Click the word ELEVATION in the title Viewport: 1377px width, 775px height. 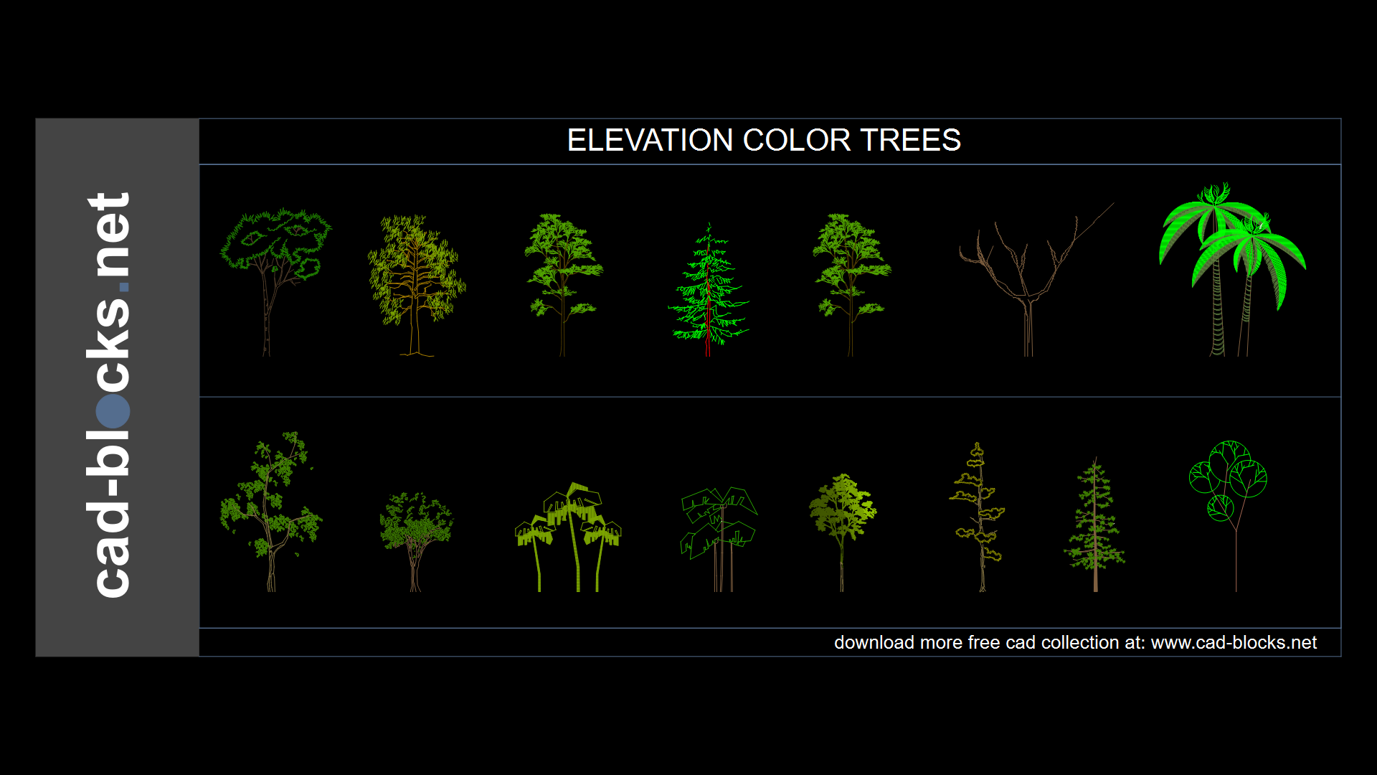(650, 140)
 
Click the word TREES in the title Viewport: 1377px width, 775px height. (911, 140)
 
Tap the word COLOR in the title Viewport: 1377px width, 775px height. (797, 140)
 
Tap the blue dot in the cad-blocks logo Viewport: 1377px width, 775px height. (113, 410)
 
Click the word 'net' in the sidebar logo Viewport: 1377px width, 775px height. (109, 235)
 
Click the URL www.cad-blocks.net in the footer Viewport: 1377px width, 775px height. (1234, 642)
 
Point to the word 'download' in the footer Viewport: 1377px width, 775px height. (874, 642)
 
